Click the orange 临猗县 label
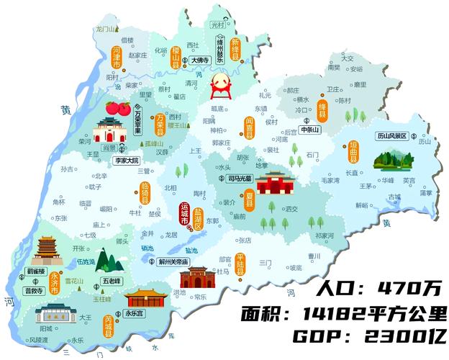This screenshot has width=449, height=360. click(x=145, y=193)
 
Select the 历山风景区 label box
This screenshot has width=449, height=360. click(x=391, y=135)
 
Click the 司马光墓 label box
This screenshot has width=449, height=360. click(x=240, y=178)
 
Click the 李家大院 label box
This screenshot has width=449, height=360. click(x=124, y=161)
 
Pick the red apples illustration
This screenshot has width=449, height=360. click(x=117, y=109)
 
